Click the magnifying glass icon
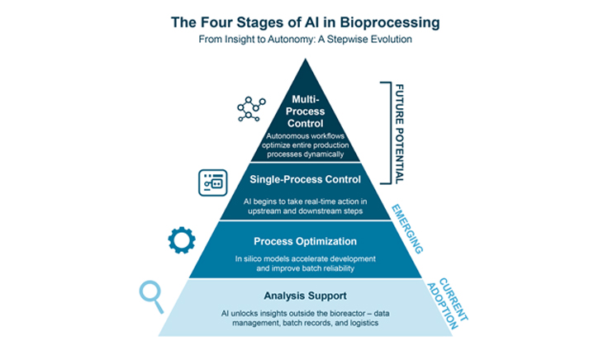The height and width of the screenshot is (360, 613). [151, 294]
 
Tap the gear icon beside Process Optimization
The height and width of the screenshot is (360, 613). [182, 239]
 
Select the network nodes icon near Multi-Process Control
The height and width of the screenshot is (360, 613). [250, 108]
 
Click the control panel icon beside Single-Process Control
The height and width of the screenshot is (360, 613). [212, 182]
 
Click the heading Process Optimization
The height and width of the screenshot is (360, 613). [306, 242]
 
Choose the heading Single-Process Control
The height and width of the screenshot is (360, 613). [306, 179]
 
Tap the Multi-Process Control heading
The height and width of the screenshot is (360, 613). [306, 112]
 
